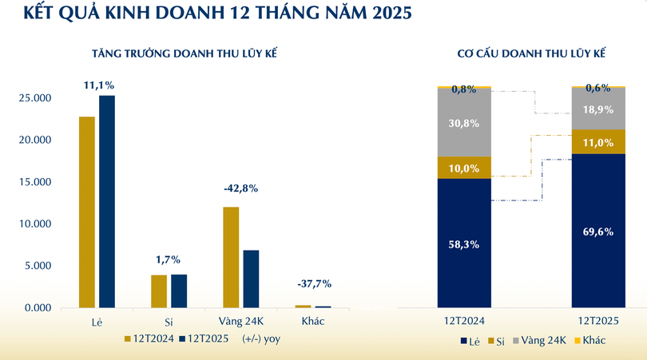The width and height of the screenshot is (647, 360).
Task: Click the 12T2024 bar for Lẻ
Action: click(86, 212)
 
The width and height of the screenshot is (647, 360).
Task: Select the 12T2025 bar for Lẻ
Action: click(107, 201)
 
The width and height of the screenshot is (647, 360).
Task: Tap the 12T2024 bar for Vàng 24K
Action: click(230, 257)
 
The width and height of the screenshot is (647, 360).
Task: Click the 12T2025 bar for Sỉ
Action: click(179, 291)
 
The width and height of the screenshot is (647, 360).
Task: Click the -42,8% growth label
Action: click(240, 188)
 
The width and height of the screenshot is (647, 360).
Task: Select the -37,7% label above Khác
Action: click(313, 283)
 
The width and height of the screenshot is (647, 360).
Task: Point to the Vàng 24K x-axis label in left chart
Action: click(240, 320)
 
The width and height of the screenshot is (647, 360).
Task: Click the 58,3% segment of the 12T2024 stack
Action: click(464, 243)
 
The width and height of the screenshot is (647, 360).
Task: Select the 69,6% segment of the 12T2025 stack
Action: click(598, 231)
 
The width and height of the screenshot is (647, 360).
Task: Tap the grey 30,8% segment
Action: click(464, 123)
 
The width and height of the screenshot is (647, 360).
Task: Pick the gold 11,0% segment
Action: click(598, 142)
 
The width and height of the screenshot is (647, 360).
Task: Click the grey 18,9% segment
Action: click(598, 109)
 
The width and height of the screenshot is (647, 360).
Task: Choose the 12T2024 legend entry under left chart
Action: click(149, 338)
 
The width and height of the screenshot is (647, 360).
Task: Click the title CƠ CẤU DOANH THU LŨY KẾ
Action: click(531, 53)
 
